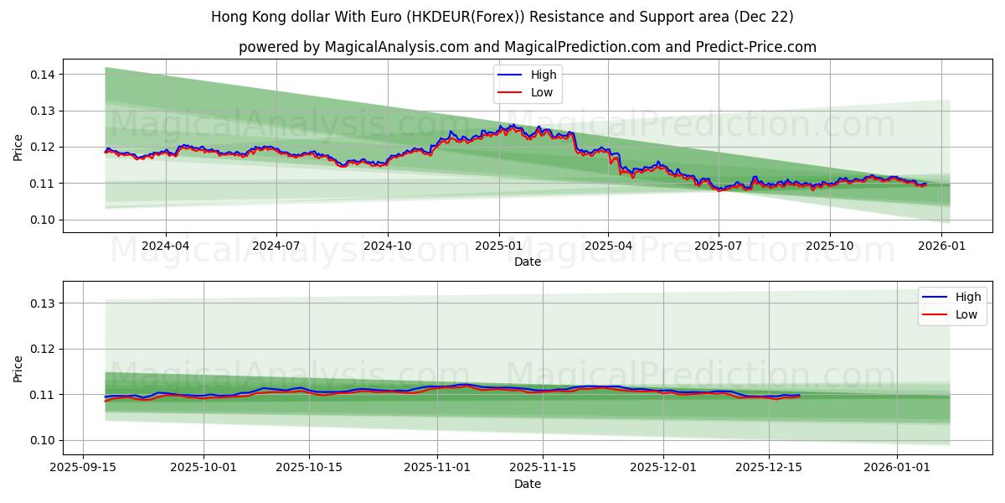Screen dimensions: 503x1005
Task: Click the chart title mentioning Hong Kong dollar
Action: click(x=502, y=17)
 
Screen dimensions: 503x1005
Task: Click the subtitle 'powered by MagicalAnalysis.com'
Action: click(x=528, y=47)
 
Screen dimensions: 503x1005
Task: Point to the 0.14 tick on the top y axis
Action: click(x=42, y=75)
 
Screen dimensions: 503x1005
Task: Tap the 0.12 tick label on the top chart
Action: click(x=42, y=147)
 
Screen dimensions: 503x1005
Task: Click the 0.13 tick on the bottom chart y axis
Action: click(x=42, y=303)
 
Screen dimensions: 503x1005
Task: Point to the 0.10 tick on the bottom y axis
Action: click(x=42, y=440)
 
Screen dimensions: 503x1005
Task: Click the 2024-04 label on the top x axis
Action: click(x=166, y=246)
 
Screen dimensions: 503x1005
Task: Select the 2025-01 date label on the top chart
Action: click(x=499, y=246)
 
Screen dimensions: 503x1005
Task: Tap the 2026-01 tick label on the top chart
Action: click(x=941, y=246)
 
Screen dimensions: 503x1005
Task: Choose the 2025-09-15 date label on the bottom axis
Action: click(x=83, y=467)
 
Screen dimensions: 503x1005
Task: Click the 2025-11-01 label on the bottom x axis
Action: click(x=436, y=467)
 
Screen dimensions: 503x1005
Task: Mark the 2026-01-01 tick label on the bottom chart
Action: click(x=897, y=467)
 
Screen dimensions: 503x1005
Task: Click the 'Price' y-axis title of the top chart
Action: click(x=18, y=148)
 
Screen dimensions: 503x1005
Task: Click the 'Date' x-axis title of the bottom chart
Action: click(x=528, y=484)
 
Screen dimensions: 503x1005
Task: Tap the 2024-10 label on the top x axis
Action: click(x=388, y=246)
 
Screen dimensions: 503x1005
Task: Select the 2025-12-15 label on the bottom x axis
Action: click(x=769, y=467)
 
